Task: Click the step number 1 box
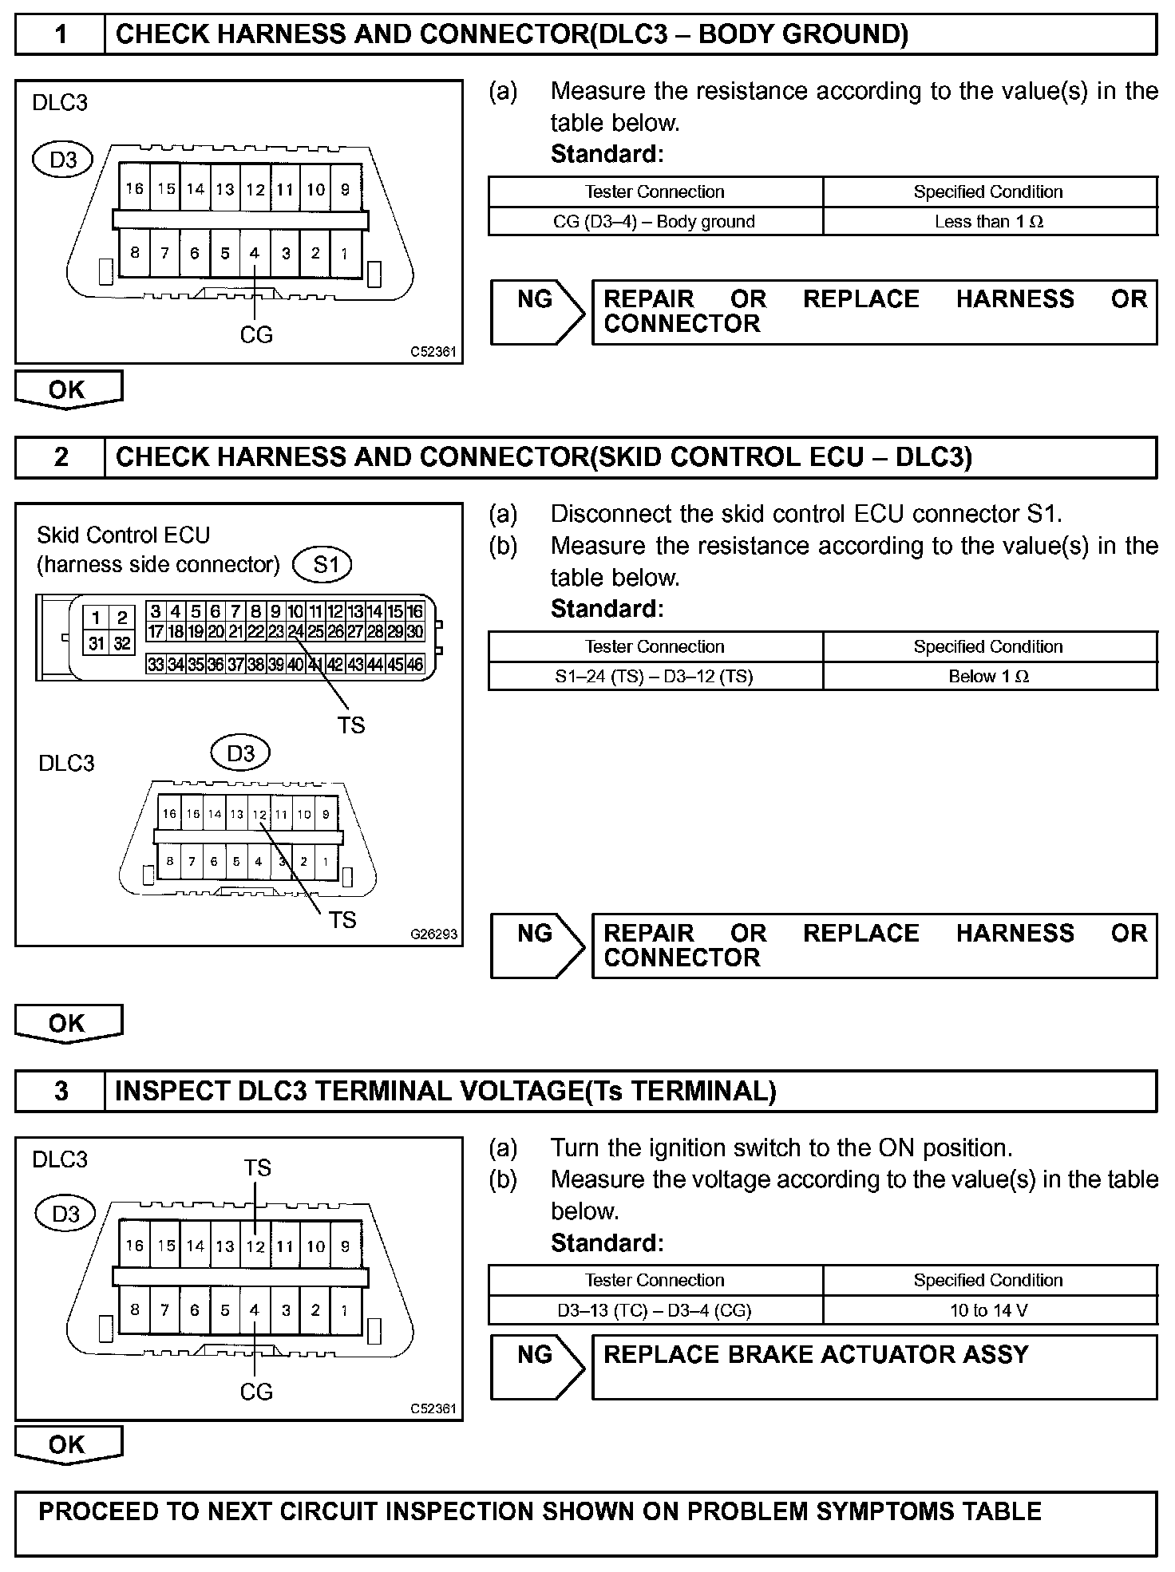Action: [61, 35]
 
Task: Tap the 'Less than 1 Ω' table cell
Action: [989, 222]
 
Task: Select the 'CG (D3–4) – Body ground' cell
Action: [654, 222]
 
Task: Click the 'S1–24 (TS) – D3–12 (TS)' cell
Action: [654, 677]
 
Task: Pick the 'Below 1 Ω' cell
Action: [989, 677]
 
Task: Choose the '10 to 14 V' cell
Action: [989, 1310]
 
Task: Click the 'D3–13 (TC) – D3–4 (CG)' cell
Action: [654, 1310]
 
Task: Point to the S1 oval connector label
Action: [322, 565]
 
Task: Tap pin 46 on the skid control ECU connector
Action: [415, 664]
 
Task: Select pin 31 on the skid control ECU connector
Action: [97, 643]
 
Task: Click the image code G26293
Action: [434, 934]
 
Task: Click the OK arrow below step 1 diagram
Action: [68, 389]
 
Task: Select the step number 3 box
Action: [61, 1092]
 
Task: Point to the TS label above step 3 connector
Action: [257, 1167]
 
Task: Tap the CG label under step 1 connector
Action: [256, 335]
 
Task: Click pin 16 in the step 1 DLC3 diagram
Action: [134, 189]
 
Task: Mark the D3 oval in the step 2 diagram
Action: [240, 753]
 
